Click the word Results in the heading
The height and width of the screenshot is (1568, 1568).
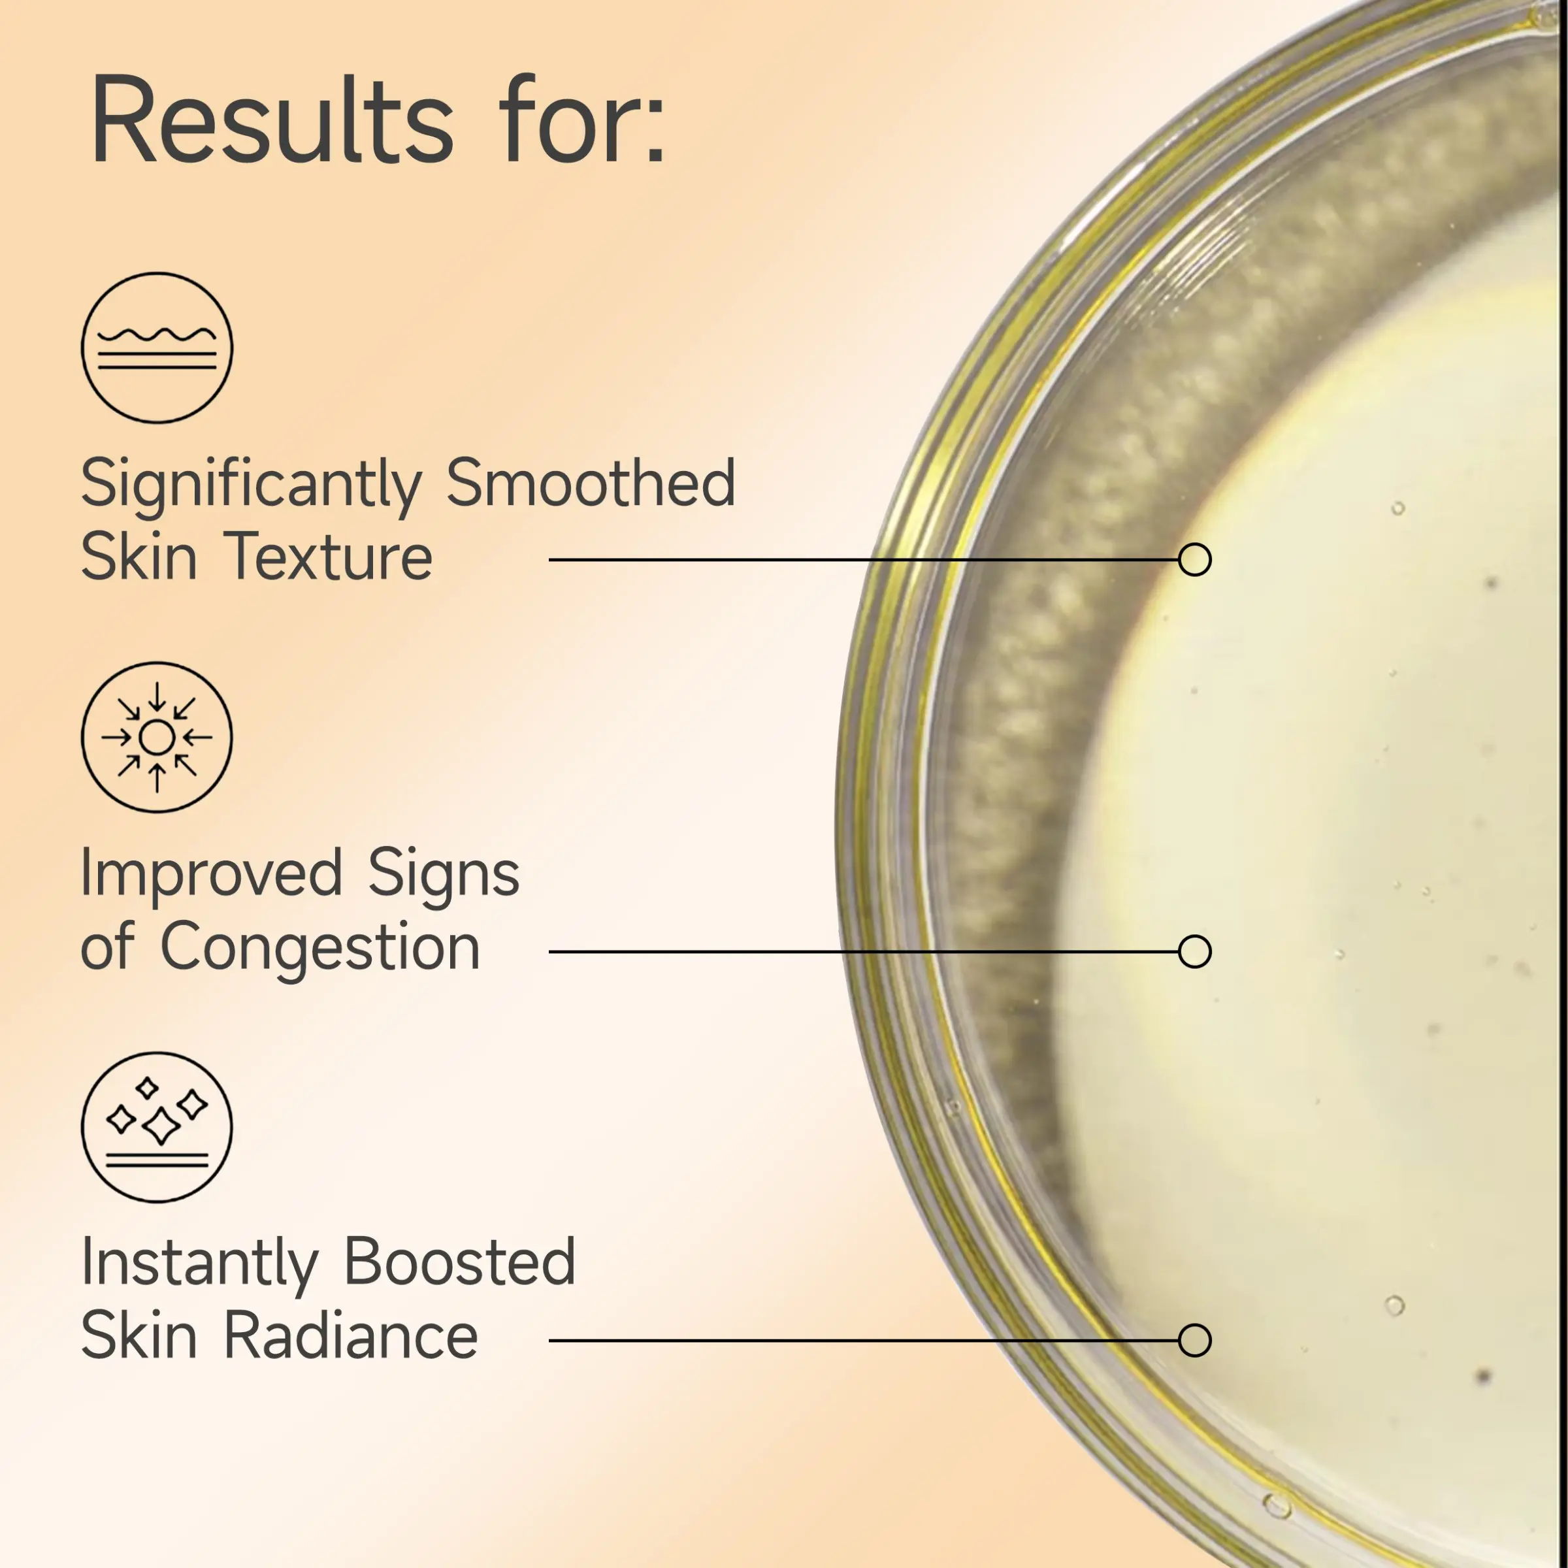(x=272, y=120)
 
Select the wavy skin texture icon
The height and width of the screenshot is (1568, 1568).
(x=157, y=348)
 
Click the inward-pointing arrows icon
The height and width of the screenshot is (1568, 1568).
(x=157, y=737)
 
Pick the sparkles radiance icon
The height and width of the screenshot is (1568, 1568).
(x=157, y=1127)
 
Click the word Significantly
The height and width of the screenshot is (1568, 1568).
(x=252, y=485)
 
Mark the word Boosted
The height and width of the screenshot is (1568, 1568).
(x=460, y=1263)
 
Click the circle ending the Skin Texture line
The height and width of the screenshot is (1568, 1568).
(x=1195, y=560)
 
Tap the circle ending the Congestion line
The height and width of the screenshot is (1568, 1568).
(x=1195, y=951)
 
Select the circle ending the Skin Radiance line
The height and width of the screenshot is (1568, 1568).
(x=1195, y=1341)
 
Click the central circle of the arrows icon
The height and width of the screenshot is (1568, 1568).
(x=157, y=738)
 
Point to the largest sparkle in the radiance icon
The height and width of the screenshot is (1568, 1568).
(x=161, y=1126)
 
